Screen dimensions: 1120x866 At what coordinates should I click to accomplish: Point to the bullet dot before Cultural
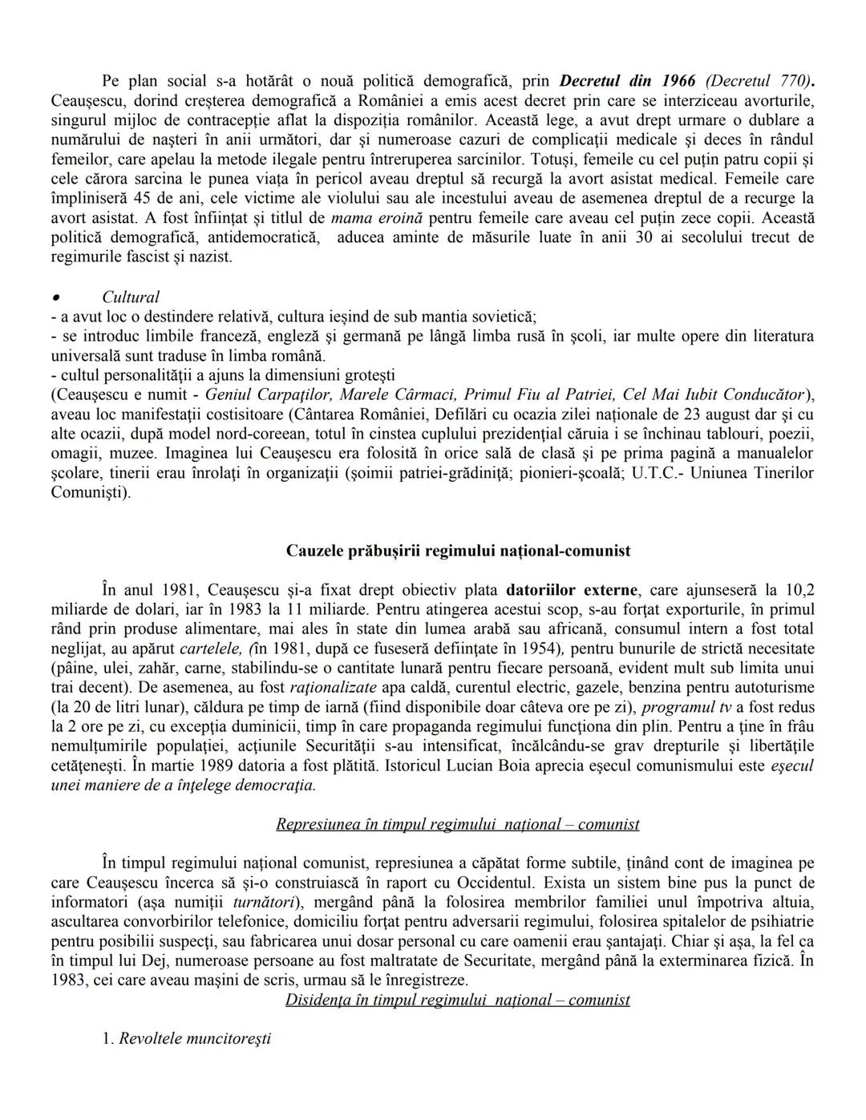pos(55,297)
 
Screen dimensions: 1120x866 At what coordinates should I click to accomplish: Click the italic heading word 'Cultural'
pos(131,297)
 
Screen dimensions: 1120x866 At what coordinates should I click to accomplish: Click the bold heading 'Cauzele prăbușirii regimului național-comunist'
pos(458,551)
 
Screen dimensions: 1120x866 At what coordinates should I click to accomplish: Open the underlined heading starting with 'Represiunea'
pos(457,824)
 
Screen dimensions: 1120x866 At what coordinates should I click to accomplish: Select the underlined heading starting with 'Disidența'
pos(457,1000)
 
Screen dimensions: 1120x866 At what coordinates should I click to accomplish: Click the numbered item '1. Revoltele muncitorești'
pos(186,1039)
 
